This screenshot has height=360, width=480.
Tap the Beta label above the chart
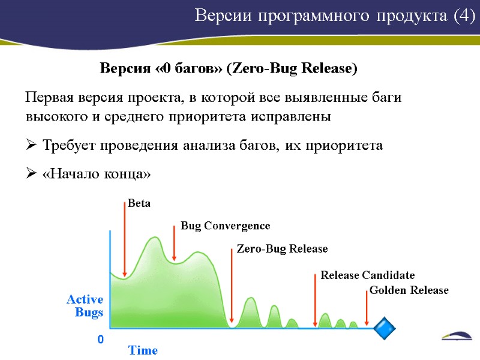(139, 203)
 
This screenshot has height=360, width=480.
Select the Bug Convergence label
(226, 226)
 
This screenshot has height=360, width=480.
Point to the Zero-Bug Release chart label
(282, 248)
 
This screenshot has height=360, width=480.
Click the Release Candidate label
(367, 275)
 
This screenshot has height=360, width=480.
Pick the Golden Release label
(409, 290)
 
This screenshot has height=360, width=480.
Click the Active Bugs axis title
(85, 305)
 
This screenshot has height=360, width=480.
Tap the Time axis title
(143, 350)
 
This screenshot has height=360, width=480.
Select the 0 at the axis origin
(100, 340)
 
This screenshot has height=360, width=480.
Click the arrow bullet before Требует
(31, 145)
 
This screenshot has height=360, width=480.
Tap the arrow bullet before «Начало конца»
(31, 174)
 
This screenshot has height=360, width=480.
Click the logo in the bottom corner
(458, 337)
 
